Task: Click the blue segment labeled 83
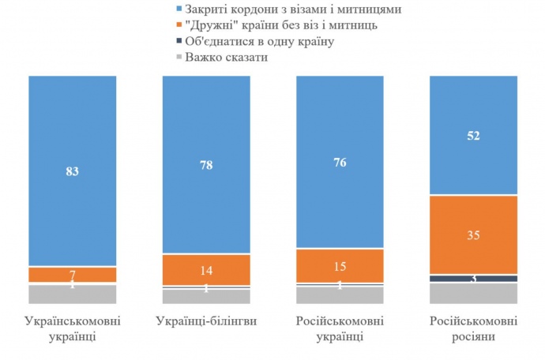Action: click(x=73, y=171)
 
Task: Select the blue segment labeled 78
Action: click(x=206, y=164)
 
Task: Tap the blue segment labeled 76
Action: click(x=340, y=162)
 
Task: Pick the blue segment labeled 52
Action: click(x=473, y=134)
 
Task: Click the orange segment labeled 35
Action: click(x=473, y=234)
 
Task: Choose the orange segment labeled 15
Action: click(x=340, y=265)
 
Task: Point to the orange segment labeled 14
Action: click(x=206, y=269)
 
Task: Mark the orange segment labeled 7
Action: click(x=73, y=275)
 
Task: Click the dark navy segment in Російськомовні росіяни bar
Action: click(x=473, y=279)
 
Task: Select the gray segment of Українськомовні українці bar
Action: click(x=73, y=294)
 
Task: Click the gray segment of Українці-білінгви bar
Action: click(x=206, y=296)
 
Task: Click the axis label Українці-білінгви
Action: click(x=206, y=322)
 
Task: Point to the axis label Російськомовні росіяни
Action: click(x=473, y=329)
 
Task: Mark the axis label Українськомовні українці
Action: click(x=73, y=329)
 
